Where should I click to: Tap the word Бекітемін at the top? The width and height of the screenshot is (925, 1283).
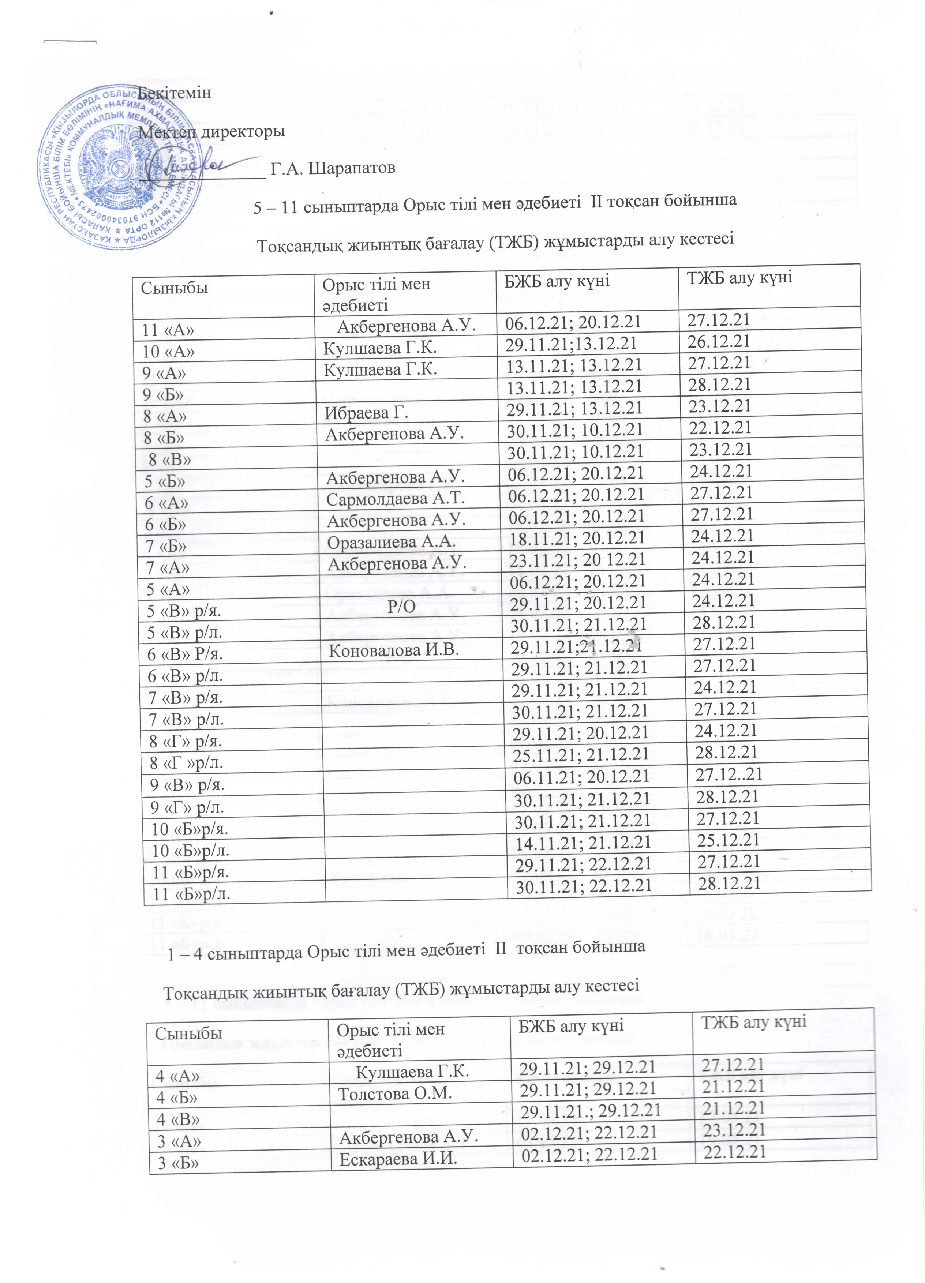175,92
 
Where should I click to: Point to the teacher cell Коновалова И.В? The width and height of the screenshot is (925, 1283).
394,650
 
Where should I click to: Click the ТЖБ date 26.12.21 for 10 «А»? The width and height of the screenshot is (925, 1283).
719,342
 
